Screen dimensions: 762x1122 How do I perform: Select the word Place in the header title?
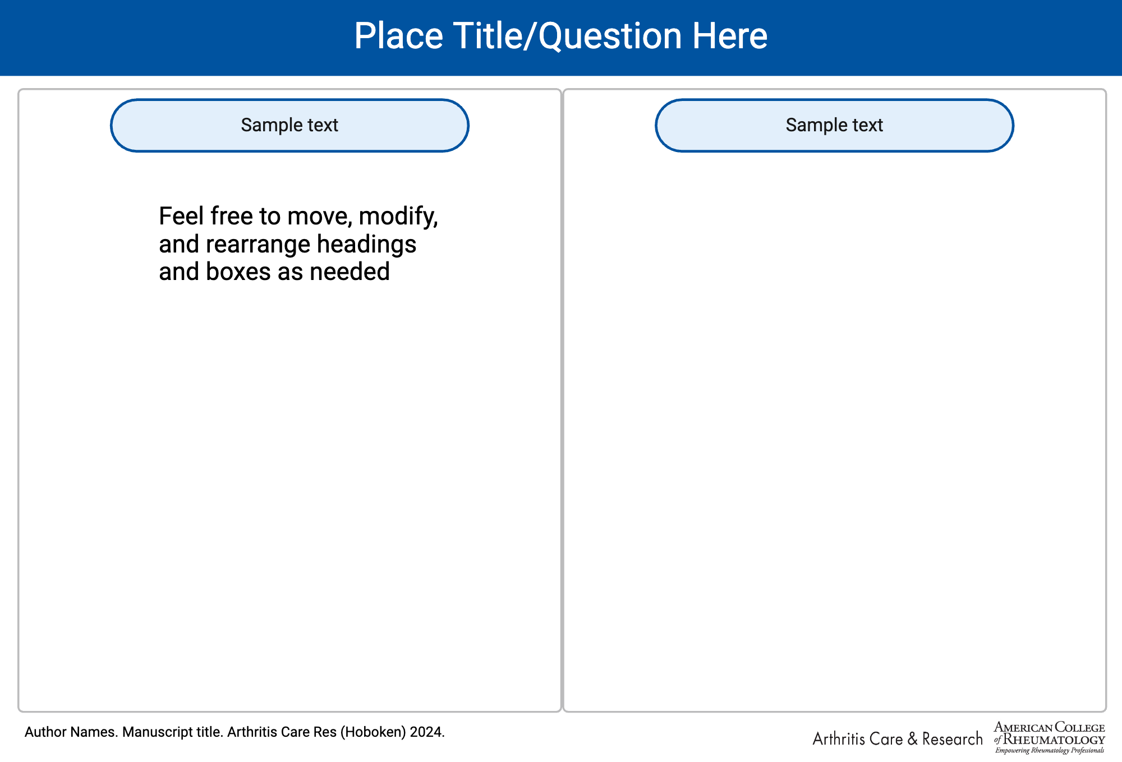399,36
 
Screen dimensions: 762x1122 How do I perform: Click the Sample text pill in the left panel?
289,125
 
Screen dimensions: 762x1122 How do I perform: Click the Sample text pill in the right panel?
834,125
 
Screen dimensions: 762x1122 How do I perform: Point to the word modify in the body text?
397,217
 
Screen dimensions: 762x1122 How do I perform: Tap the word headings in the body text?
366,245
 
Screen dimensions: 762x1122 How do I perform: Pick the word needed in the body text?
350,272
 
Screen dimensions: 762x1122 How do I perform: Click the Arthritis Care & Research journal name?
898,739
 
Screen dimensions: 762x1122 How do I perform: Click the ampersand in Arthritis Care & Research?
912,739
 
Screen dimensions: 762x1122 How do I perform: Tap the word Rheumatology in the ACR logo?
1054,740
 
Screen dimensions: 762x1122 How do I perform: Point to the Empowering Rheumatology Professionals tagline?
1050,751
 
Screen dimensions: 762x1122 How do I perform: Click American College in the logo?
1050,728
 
